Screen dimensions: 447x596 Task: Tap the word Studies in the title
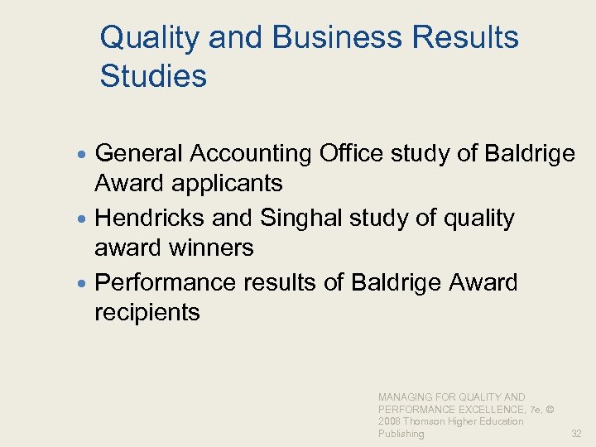point(153,76)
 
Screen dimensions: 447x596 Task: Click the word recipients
point(147,312)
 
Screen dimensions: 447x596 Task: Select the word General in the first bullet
point(138,153)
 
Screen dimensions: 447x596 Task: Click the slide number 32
point(575,433)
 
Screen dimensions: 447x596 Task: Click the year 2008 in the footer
point(390,421)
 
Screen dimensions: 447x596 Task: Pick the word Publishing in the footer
point(401,433)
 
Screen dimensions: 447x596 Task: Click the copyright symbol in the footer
point(550,409)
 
